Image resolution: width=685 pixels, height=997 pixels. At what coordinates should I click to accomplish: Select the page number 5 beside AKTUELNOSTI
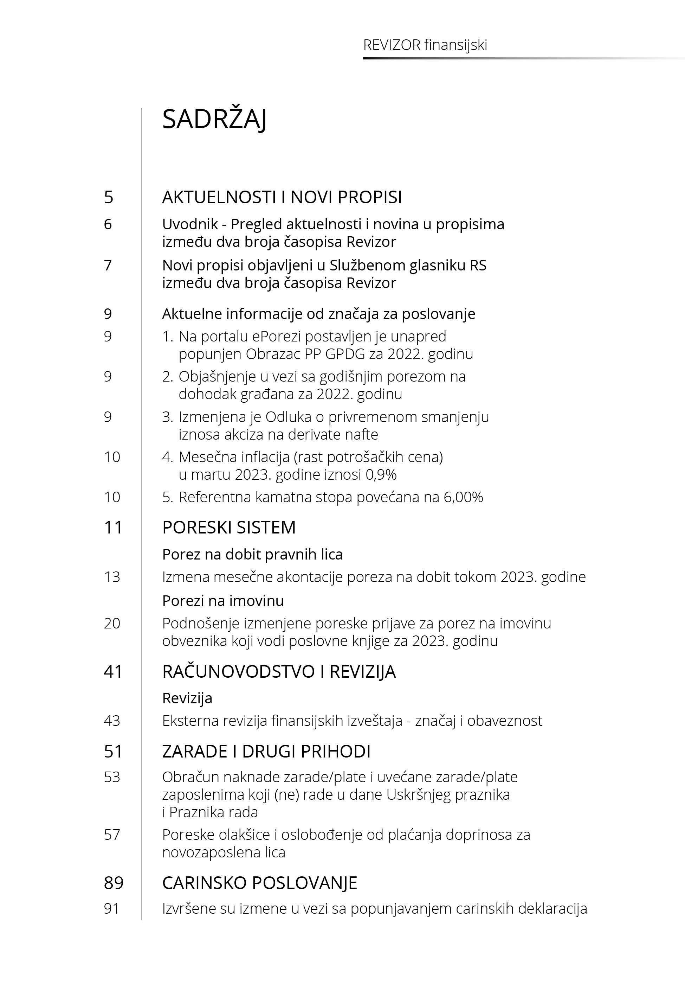[108, 197]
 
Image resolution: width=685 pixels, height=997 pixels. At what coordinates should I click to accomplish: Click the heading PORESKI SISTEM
[229, 527]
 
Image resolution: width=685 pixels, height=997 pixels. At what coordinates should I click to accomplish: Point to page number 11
[113, 527]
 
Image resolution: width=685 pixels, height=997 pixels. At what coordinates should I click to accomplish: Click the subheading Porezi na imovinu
[223, 601]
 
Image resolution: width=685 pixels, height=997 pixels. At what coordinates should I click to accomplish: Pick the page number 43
[112, 721]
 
